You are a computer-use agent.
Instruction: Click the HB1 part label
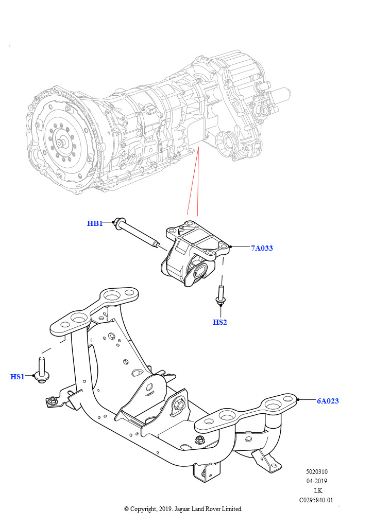[94, 223]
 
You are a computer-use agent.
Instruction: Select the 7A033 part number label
[262, 248]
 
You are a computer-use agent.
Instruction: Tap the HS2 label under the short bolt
[220, 323]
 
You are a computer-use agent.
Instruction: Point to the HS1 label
[18, 377]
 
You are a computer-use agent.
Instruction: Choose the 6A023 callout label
[328, 401]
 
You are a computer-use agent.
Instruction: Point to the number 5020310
[316, 472]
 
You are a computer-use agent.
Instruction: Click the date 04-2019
[316, 481]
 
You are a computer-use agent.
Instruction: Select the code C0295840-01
[316, 500]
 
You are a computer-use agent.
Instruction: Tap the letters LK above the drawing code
[317, 490]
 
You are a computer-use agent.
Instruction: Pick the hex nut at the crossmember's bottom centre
[200, 440]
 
